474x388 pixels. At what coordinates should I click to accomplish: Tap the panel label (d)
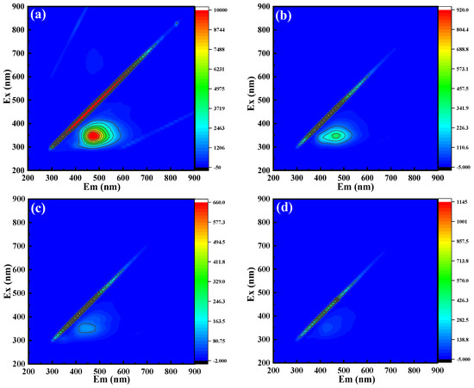click(288, 211)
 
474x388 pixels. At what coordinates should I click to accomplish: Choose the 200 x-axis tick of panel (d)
click(272, 371)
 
